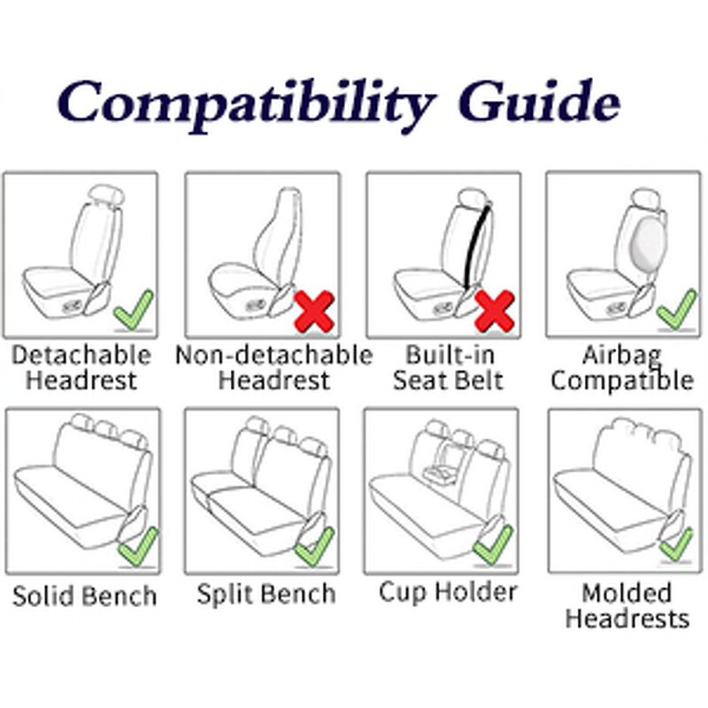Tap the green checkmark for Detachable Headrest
(x=133, y=309)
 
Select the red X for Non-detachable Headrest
(x=313, y=312)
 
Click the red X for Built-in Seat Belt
(x=495, y=312)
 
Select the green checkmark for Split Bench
(x=316, y=546)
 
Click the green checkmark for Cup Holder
(x=493, y=546)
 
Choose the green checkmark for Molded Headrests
(x=677, y=543)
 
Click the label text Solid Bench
(x=84, y=595)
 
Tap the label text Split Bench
(x=265, y=593)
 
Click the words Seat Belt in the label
(x=448, y=381)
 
